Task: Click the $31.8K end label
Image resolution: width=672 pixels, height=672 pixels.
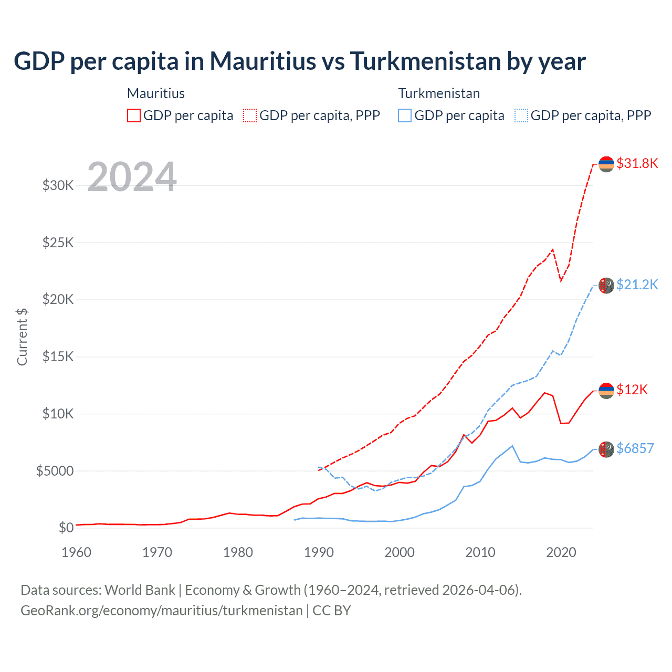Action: [x=637, y=163]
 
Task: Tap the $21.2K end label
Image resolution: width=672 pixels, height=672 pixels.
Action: [x=637, y=285]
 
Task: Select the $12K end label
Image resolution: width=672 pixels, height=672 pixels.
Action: [x=632, y=390]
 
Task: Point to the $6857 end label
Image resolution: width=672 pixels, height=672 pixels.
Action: [x=635, y=448]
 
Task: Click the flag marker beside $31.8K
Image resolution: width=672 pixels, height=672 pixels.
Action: [x=606, y=164]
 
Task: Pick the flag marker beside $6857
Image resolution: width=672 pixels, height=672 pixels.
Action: [x=606, y=449]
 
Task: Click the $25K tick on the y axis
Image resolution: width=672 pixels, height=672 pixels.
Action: [x=58, y=243]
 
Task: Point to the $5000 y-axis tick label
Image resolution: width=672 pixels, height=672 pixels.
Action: [x=55, y=471]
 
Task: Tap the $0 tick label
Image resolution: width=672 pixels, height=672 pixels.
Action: [x=66, y=528]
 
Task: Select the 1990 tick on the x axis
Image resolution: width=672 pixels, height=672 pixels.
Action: [x=319, y=552]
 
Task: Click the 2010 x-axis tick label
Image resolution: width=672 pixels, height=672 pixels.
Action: [x=480, y=552]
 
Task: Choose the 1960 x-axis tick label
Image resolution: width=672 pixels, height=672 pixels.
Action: [x=77, y=552]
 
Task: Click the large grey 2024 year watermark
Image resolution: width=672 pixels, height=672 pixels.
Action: [x=132, y=177]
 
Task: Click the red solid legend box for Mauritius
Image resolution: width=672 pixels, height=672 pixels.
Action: [x=134, y=115]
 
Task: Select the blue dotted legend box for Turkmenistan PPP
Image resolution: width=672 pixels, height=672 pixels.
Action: [x=521, y=115]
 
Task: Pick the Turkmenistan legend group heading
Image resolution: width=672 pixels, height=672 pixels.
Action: [x=439, y=93]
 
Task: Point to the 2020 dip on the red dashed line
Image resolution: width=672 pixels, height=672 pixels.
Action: [x=561, y=280]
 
